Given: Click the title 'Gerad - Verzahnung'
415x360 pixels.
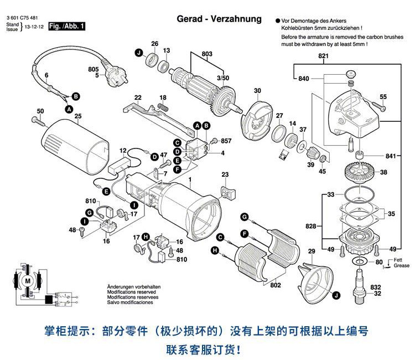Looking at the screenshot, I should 219,19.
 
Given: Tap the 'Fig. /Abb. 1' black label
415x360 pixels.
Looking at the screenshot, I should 67,26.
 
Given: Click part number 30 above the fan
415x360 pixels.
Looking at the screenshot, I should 257,90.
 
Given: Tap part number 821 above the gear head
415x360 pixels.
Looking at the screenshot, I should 323,56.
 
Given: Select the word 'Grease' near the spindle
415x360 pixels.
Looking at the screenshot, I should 402,265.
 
